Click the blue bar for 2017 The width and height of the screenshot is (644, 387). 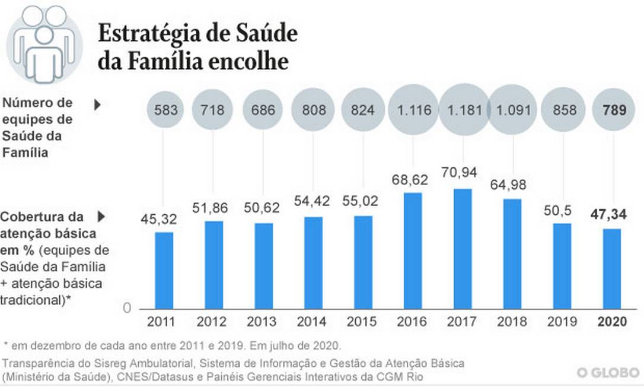click(x=463, y=249)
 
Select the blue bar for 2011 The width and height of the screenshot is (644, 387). click(x=164, y=270)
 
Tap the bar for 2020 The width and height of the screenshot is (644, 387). click(x=612, y=268)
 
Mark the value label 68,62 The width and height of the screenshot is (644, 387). click(x=413, y=177)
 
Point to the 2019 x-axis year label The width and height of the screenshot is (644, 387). click(x=562, y=322)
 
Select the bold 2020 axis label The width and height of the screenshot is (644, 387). click(x=612, y=322)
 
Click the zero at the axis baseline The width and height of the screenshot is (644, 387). click(x=126, y=307)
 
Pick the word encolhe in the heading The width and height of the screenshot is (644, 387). click(x=256, y=61)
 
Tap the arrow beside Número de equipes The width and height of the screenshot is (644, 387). click(x=98, y=105)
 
